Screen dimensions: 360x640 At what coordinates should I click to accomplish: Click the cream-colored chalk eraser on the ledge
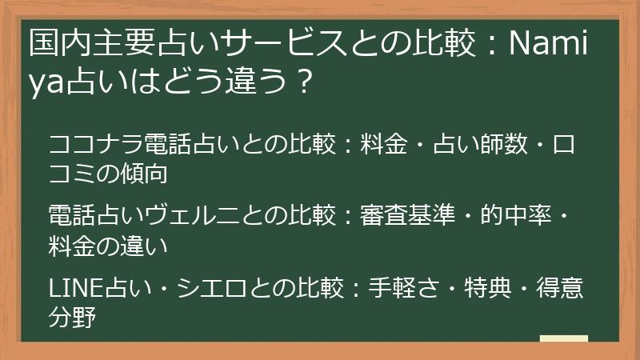coord(564,339)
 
